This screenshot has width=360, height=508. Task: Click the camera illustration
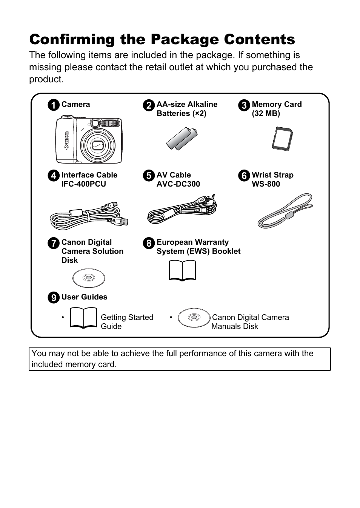coord(89,139)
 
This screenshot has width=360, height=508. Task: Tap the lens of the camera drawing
coord(97,145)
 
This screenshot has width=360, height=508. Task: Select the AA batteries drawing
coord(183,139)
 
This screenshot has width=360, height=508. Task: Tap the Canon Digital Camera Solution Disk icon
coord(89,278)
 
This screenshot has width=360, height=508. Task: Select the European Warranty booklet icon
coord(183,271)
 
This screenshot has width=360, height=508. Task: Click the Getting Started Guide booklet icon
coord(83,318)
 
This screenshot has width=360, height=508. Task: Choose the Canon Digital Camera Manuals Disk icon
coord(194,318)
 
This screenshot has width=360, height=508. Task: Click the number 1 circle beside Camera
coord(54,105)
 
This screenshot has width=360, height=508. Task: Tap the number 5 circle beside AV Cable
coord(149,176)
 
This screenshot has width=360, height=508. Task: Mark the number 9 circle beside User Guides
coord(54,298)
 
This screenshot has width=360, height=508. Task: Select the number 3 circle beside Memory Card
coord(244,105)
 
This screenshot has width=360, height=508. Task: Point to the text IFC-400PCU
coord(83,184)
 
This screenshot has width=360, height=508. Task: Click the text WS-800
coord(266,184)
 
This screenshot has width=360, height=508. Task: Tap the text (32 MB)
coord(266,113)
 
